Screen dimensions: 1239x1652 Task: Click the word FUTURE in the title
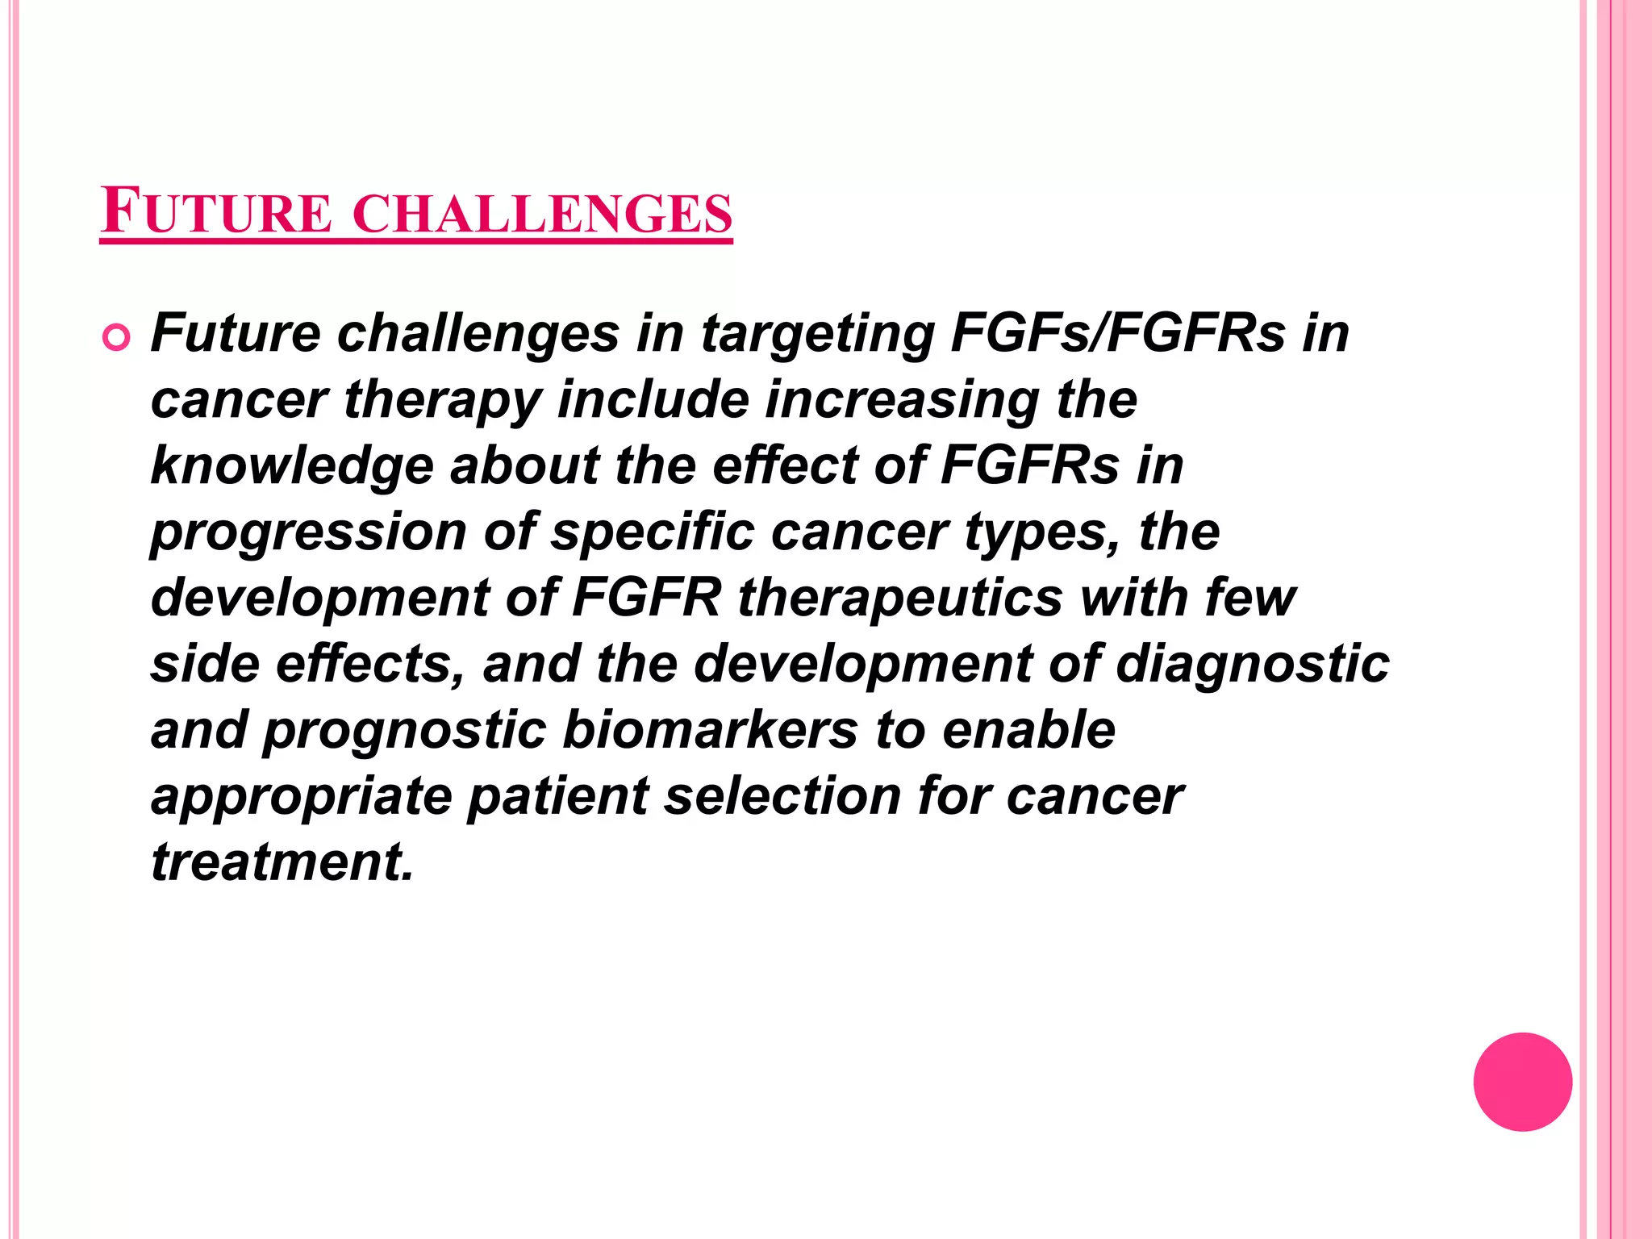216,211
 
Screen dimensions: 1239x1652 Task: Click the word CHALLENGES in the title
542,213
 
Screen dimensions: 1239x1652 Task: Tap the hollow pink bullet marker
116,337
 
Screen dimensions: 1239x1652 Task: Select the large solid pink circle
1522,1082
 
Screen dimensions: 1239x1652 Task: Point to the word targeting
817,334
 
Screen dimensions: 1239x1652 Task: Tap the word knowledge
292,467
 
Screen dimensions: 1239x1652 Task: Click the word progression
308,533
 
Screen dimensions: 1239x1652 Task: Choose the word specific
652,532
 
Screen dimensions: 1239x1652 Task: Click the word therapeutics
900,599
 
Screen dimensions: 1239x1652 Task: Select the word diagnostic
1252,665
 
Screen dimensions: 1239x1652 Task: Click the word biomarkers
710,730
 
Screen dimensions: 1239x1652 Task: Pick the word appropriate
301,798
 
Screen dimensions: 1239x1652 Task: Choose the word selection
782,796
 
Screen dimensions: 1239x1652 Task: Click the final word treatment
282,862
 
